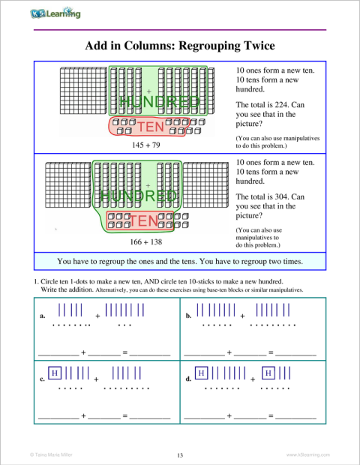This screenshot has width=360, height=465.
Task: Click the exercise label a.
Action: tap(42, 316)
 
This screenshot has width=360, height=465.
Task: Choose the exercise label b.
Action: tap(188, 316)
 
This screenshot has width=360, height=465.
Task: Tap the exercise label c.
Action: tap(42, 379)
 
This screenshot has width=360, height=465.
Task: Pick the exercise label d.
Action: tap(188, 379)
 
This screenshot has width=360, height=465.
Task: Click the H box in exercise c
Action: tap(55, 372)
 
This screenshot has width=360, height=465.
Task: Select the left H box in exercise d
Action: tap(201, 372)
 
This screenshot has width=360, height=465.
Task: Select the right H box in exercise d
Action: tap(269, 372)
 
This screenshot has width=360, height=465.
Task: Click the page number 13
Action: tap(180, 454)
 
